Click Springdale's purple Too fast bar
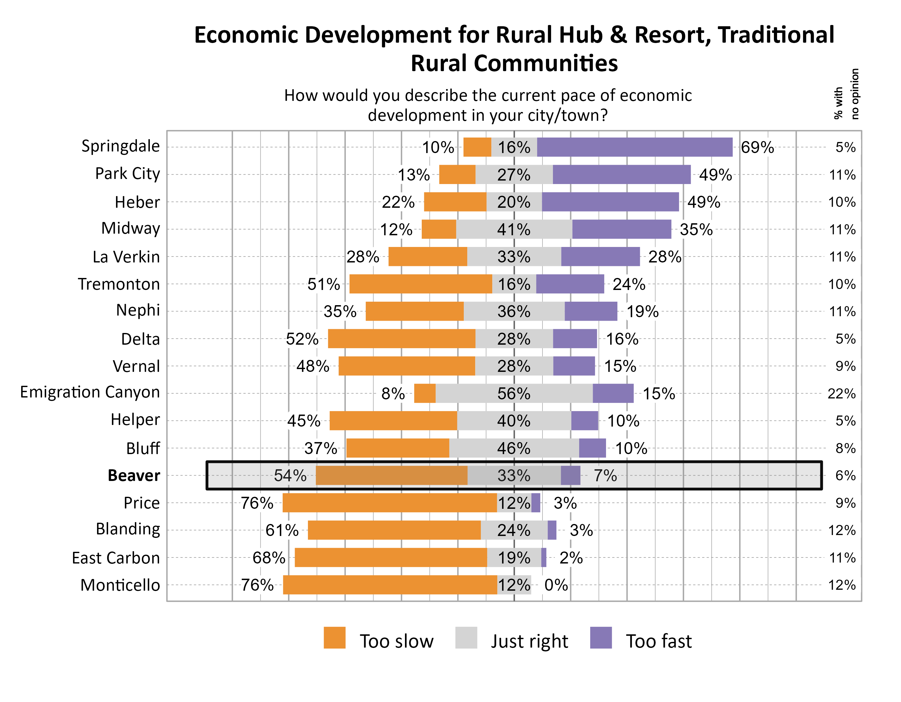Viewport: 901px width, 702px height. point(634,147)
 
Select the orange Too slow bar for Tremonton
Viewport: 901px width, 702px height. point(420,284)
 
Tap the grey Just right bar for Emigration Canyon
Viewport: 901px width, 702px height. point(514,393)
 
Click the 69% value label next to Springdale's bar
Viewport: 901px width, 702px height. point(757,147)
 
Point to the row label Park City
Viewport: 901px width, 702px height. point(127,174)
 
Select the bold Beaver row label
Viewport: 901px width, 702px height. point(134,475)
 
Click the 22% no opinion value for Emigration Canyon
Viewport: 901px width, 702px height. point(841,394)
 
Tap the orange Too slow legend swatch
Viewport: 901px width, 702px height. point(334,637)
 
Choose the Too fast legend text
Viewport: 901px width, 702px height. point(659,641)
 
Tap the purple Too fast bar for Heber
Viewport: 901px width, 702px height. point(610,202)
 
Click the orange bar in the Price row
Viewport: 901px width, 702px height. point(389,503)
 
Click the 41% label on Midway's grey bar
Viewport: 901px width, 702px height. point(514,230)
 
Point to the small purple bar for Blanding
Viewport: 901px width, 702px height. point(552,530)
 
